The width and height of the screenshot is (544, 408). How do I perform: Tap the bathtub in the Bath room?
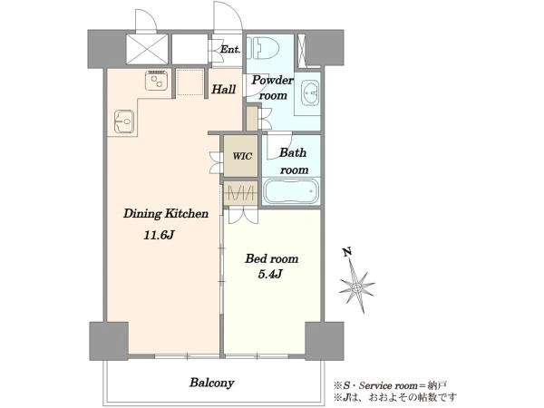coord(291,190)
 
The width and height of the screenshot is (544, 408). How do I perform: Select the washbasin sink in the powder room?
coord(310,93)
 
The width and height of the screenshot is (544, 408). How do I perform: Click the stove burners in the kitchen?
coord(157,81)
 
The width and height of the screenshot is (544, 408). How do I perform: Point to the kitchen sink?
coord(124,121)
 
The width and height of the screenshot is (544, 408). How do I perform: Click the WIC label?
coord(242,156)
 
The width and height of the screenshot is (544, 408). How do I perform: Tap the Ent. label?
coord(230,49)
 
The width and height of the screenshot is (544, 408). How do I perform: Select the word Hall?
coord(224,90)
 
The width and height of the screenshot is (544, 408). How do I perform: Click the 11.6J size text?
coord(159,235)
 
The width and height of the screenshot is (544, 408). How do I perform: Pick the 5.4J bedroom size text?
coord(270,275)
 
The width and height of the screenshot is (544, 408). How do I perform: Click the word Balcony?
coord(212,383)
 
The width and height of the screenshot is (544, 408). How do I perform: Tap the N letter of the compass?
coord(347,251)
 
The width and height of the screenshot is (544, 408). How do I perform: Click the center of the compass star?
coord(357,287)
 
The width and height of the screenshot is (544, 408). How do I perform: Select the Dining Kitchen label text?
coord(166,213)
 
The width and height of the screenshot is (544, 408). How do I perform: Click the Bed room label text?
coord(272,258)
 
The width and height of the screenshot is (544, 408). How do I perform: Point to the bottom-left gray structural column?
coord(109,341)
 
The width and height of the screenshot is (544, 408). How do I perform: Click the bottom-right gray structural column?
coord(325,341)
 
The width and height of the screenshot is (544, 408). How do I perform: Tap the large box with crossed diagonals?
coord(147,49)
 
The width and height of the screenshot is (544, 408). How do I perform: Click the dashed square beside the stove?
coord(190,83)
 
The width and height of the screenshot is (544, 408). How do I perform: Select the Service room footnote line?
coord(390,385)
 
